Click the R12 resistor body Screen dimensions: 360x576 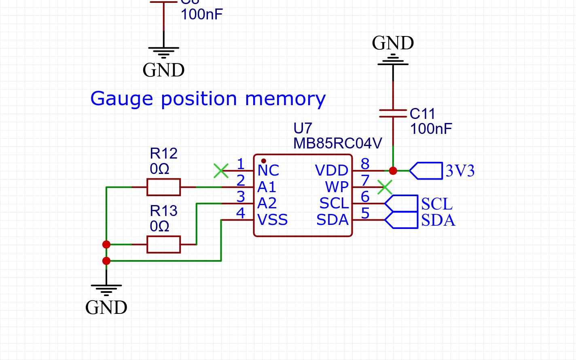[163, 187]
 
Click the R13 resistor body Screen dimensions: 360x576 [163, 244]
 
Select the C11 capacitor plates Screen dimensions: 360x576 [393, 114]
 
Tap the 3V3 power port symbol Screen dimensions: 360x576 [426, 171]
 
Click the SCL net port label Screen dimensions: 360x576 [401, 203]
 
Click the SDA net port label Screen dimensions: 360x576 [401, 220]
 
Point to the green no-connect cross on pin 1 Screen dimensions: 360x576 [221, 171]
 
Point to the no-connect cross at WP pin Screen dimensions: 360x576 [385, 187]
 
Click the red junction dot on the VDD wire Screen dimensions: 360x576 [393, 171]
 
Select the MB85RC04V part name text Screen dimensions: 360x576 [337, 144]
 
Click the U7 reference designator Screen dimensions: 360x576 [303, 129]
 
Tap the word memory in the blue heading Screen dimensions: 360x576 [285, 99]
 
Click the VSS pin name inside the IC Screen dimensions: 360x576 [272, 220]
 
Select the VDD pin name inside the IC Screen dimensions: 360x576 [332, 171]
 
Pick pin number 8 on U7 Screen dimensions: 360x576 [365, 164]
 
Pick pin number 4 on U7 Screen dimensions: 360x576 [241, 213]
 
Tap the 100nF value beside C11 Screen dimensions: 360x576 [431, 129]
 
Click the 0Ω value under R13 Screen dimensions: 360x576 [159, 227]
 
